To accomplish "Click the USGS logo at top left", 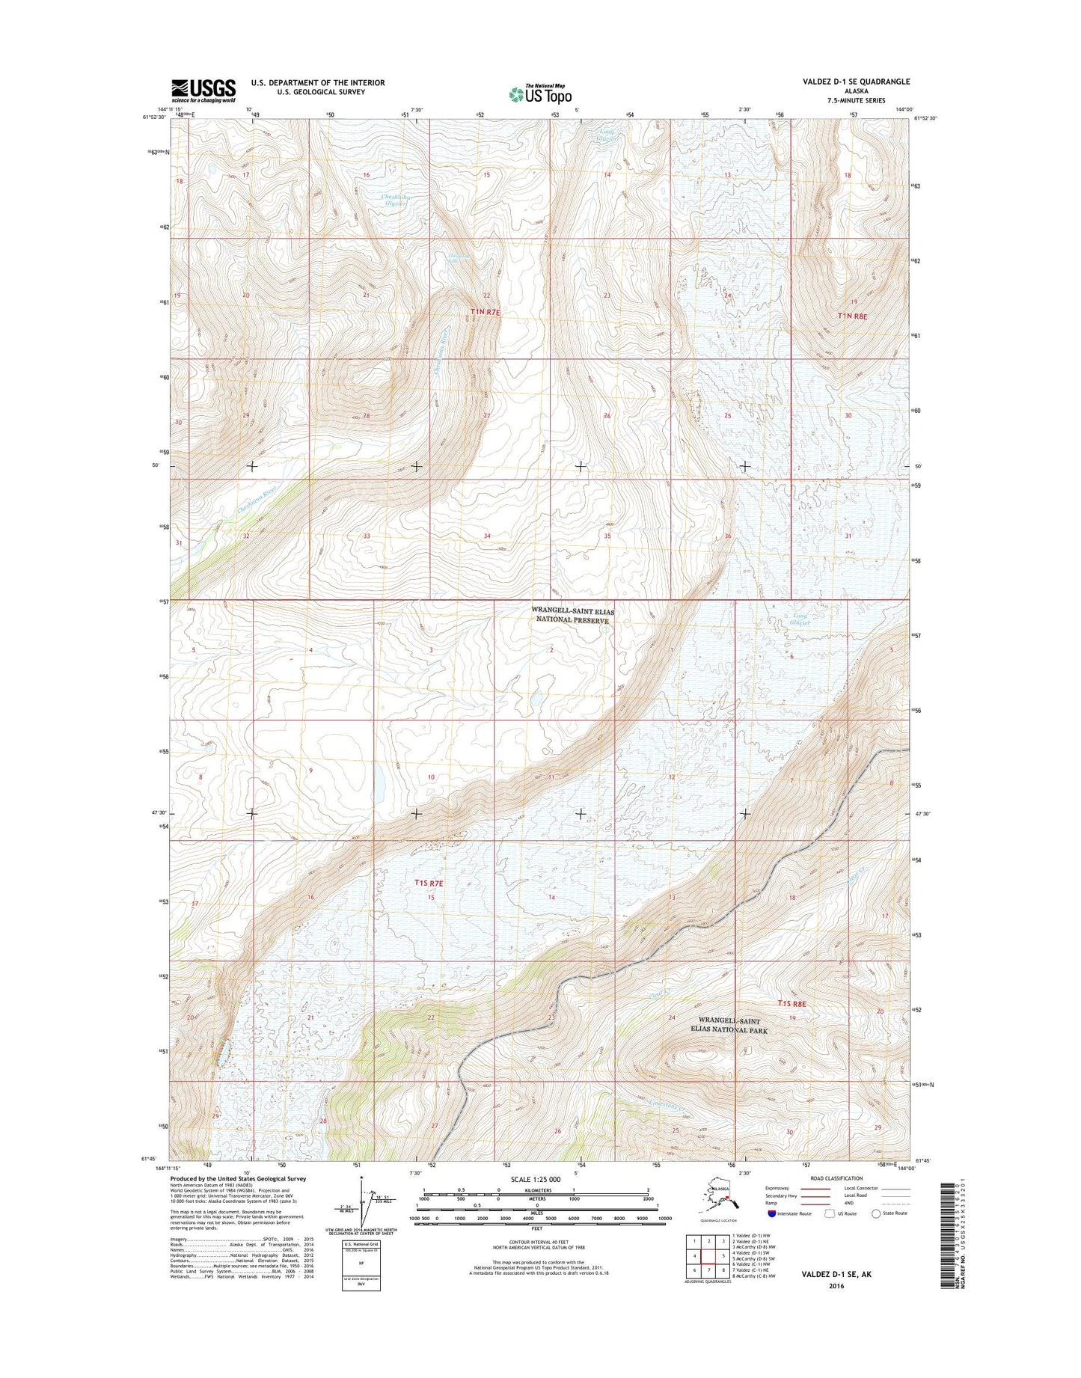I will point(203,90).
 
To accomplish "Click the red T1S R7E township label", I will point(429,884).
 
